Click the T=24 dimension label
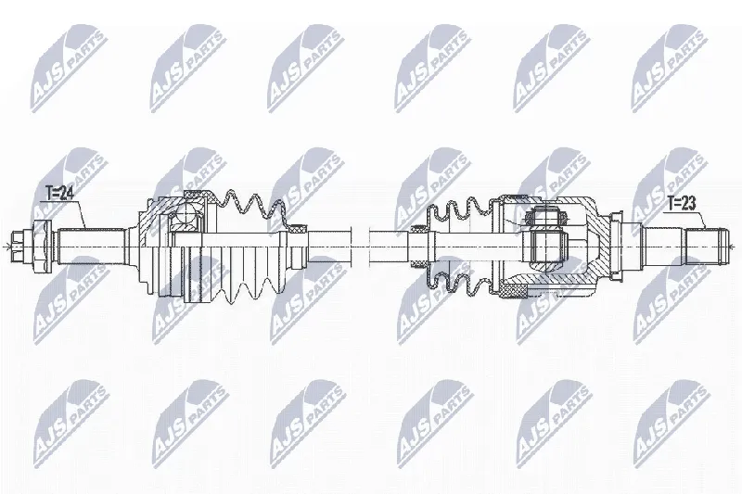click(x=58, y=194)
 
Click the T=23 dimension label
click(x=682, y=204)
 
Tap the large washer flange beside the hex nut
click(x=40, y=247)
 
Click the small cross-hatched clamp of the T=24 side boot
click(x=298, y=229)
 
